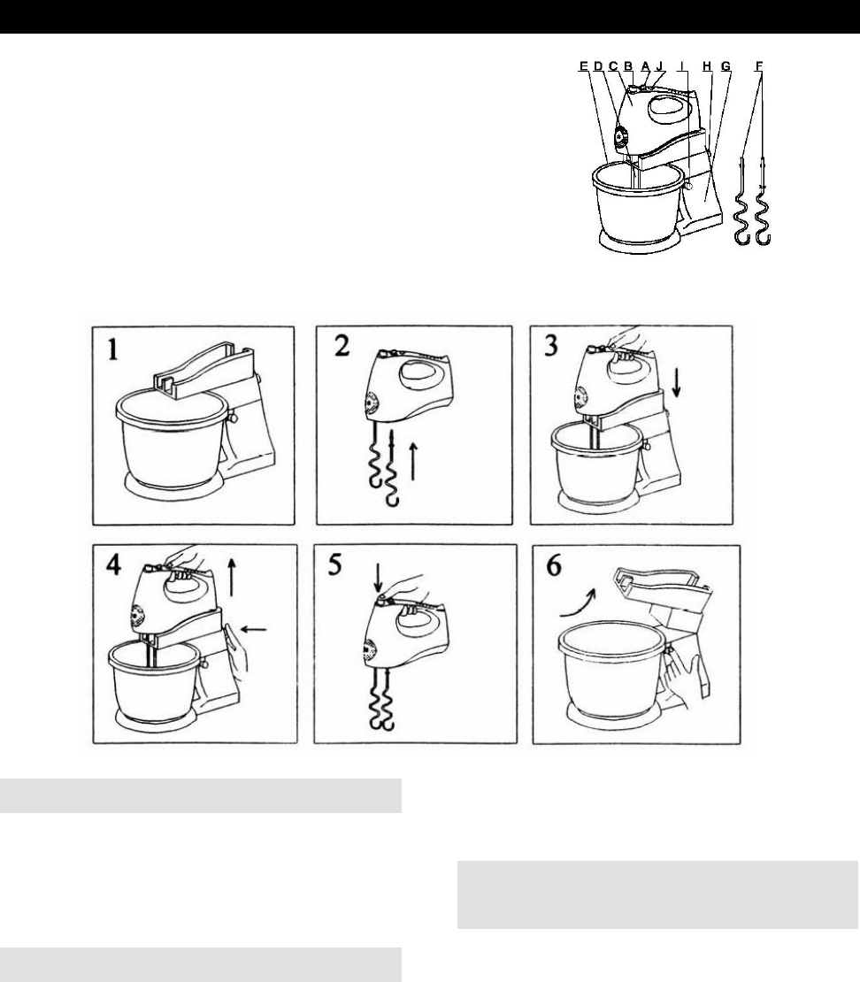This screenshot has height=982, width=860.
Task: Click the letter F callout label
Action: pos(759,65)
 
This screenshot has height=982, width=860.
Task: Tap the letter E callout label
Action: pos(584,65)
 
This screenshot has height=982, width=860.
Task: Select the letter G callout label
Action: pos(726,65)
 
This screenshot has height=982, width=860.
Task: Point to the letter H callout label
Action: pos(707,65)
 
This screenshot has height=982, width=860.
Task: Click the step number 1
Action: pos(112,349)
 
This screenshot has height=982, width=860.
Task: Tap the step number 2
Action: pos(342,345)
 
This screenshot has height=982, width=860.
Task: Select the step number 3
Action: pos(551,345)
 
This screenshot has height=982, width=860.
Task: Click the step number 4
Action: pos(113,565)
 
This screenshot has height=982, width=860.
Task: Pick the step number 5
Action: pos(335,564)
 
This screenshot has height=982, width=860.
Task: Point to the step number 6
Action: pos(555,565)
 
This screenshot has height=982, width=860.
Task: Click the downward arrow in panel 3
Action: pos(677,383)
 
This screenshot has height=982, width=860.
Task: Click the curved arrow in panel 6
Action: pos(577,602)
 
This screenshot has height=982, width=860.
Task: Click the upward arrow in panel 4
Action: pos(232,578)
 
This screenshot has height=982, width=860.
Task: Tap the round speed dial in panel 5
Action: pos(369,653)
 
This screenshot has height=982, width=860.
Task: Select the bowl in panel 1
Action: pos(173,439)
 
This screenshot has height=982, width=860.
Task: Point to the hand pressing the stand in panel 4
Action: pos(237,651)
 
